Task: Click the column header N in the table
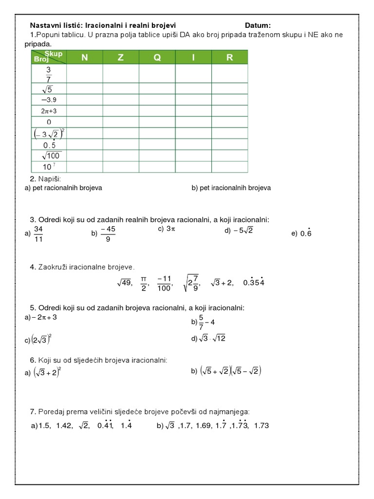pyautogui.click(x=85, y=58)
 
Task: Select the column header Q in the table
pyautogui.click(x=157, y=58)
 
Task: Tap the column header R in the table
pyautogui.click(x=229, y=58)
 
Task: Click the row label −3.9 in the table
pyautogui.click(x=49, y=99)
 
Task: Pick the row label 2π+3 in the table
pyautogui.click(x=49, y=111)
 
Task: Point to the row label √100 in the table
pyautogui.click(x=49, y=155)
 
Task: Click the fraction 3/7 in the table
pyautogui.click(x=49, y=74)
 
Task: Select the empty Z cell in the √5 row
pyautogui.click(x=121, y=88)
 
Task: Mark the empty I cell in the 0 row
pyautogui.click(x=193, y=122)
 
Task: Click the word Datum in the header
pyautogui.click(x=258, y=25)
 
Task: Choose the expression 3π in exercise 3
pyautogui.click(x=170, y=229)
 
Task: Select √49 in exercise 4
pyautogui.click(x=125, y=283)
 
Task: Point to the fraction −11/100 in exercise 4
pyautogui.click(x=164, y=283)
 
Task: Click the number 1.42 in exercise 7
pyautogui.click(x=64, y=425)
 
